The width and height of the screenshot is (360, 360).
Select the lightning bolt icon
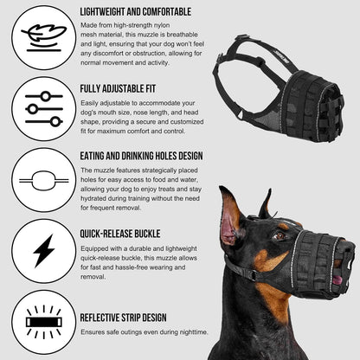(38, 251)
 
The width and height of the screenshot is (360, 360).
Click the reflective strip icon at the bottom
(38, 323)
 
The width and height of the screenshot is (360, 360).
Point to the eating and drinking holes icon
(38, 180)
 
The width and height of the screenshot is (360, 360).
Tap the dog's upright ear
(231, 218)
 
